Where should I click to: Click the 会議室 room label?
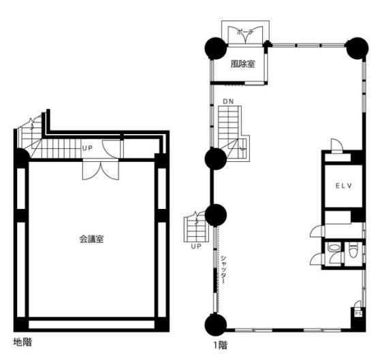click(x=92, y=239)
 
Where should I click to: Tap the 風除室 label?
click(x=242, y=64)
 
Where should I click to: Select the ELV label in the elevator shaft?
click(x=344, y=186)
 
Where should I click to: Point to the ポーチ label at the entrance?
click(x=245, y=32)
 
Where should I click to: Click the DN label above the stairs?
click(x=228, y=101)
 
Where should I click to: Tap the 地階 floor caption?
click(x=22, y=342)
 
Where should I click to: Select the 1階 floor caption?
click(x=221, y=345)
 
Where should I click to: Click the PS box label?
click(x=358, y=314)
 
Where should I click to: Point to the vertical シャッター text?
click(x=223, y=269)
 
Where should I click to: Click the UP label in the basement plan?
click(x=87, y=148)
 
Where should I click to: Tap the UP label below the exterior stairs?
click(x=196, y=246)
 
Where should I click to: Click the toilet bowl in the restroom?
click(x=353, y=250)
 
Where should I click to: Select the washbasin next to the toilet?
click(x=334, y=248)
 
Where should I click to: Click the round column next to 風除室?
click(x=216, y=48)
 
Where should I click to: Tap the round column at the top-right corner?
click(x=358, y=48)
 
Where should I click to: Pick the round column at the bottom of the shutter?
click(x=216, y=325)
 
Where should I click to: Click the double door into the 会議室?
click(x=101, y=169)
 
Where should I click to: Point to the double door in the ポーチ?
click(x=245, y=35)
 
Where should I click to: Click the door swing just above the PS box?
click(x=358, y=304)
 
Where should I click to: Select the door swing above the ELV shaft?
click(x=336, y=144)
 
